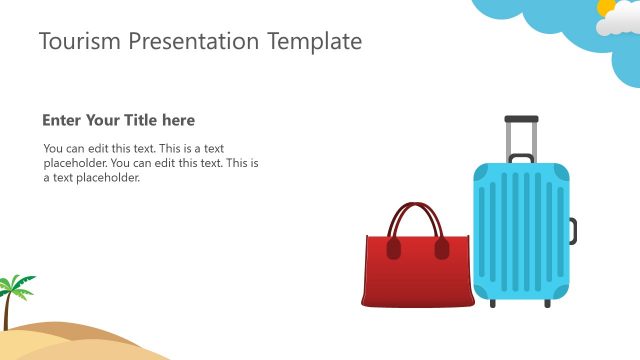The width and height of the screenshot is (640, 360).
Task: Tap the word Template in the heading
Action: [314, 41]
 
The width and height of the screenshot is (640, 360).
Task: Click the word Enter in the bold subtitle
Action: [62, 121]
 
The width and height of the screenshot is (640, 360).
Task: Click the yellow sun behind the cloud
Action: [606, 7]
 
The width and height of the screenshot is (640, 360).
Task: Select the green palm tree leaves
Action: [17, 285]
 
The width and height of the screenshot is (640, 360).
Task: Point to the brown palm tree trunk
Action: [9, 312]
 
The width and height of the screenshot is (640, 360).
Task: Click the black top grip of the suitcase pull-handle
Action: [521, 119]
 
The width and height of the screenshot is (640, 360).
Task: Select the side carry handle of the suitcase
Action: [573, 231]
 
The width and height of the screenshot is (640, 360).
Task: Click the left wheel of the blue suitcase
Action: [493, 302]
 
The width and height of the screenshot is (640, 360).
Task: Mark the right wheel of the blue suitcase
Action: [547, 302]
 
